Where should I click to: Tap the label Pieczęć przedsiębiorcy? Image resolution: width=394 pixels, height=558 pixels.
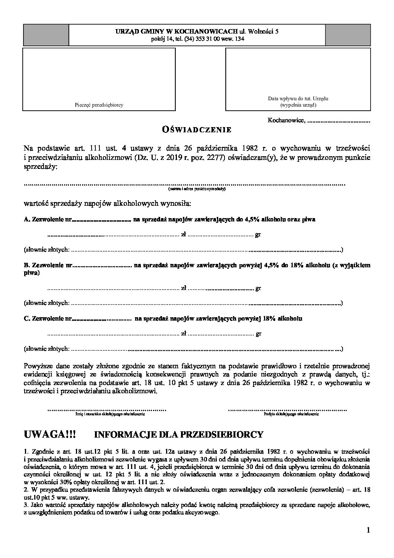[x=99, y=105]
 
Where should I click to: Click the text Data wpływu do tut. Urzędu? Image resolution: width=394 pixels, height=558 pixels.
[x=298, y=99]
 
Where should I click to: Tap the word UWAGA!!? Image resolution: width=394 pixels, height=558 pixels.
[x=50, y=434]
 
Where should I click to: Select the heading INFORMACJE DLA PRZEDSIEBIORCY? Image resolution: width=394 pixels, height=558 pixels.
[x=179, y=435]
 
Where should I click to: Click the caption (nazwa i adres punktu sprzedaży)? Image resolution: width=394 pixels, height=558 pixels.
[x=197, y=189]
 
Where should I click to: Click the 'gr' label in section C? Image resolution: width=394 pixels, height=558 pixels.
[x=258, y=334]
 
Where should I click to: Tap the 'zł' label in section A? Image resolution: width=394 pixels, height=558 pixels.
[x=183, y=235]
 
